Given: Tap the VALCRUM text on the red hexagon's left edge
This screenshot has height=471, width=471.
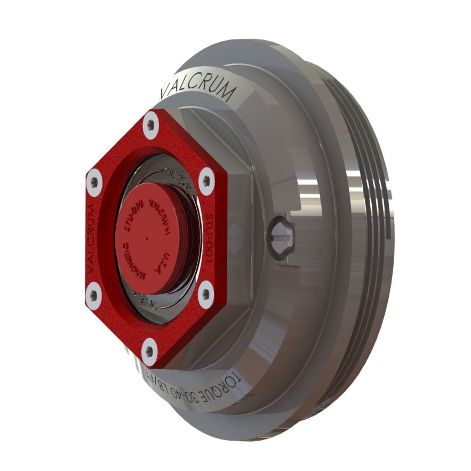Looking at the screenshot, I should click(x=90, y=237).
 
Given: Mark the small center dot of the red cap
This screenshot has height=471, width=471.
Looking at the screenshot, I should click(x=146, y=237).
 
